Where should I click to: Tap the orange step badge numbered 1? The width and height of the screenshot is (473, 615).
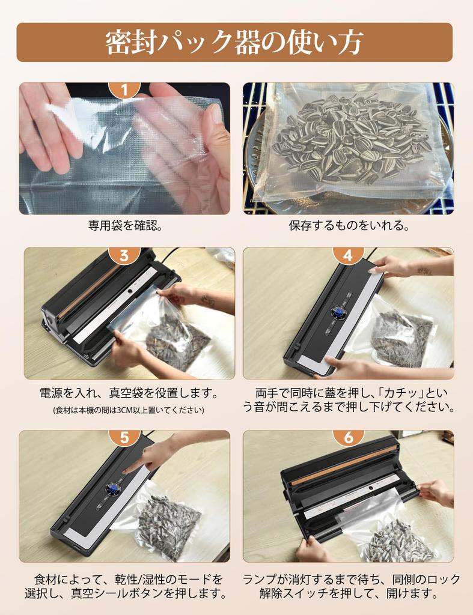[x=124, y=89]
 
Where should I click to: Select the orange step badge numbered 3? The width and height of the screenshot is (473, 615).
[x=124, y=255]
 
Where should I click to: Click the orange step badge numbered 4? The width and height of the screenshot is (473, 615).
[x=348, y=255]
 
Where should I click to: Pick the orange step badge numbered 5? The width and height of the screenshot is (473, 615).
[x=124, y=437]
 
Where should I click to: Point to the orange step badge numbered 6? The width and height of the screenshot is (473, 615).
[x=348, y=437]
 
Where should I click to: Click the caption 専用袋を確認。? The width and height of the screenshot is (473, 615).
[x=124, y=226]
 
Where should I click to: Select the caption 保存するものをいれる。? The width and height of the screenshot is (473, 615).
[x=349, y=226]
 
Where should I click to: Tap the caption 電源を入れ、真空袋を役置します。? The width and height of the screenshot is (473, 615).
[x=128, y=393]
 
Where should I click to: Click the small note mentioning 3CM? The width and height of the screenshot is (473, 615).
[x=128, y=410]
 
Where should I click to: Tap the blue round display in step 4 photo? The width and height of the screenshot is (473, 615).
[x=338, y=314]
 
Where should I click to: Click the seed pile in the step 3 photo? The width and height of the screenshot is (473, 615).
[x=174, y=342]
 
